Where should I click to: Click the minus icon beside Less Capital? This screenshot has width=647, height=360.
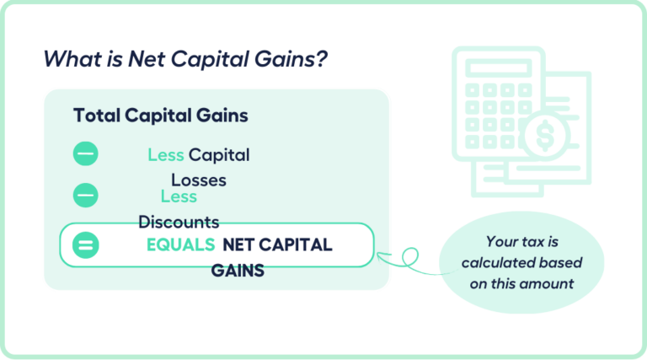click(x=85, y=154)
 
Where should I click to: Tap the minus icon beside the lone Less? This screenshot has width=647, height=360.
click(x=85, y=196)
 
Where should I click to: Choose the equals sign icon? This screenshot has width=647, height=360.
click(x=85, y=245)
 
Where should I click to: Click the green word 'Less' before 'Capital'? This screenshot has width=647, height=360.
click(x=166, y=155)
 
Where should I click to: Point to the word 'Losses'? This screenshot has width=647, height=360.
click(x=199, y=180)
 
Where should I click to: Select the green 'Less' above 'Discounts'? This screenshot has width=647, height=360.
click(x=179, y=196)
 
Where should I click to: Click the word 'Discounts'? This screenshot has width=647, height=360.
click(x=179, y=223)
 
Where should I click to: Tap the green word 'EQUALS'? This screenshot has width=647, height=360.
click(x=180, y=245)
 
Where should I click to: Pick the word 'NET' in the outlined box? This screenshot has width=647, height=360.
click(x=239, y=245)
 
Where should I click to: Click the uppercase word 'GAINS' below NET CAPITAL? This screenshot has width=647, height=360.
click(x=238, y=271)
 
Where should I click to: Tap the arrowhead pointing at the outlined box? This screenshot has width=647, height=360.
click(x=381, y=254)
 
